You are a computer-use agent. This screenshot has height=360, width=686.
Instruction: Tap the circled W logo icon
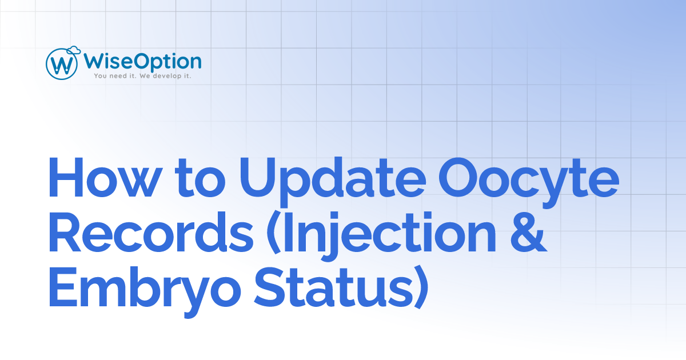[x=61, y=63]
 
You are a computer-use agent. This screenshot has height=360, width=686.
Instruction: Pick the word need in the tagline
[x=117, y=75]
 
